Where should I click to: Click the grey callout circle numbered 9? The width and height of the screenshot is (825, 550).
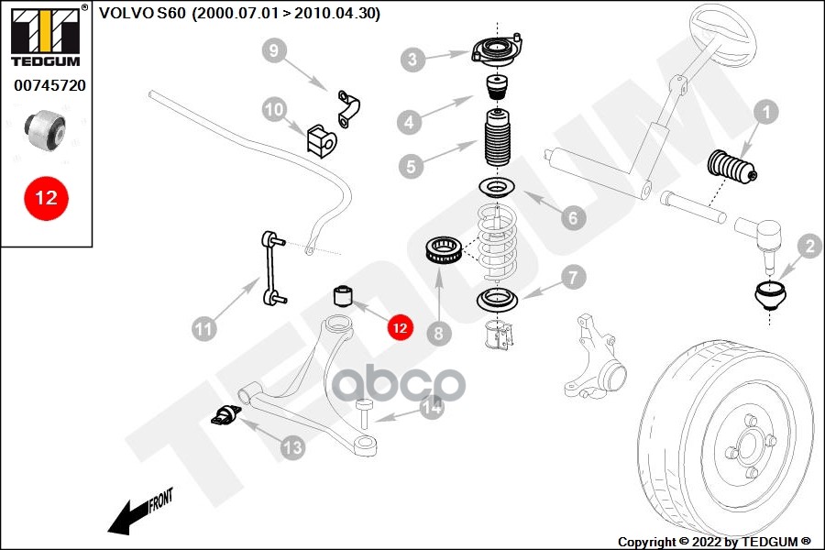(275, 51)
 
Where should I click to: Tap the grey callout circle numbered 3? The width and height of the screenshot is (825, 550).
(413, 60)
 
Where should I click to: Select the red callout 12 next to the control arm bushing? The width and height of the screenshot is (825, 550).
(399, 326)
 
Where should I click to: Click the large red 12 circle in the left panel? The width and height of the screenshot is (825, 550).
(46, 197)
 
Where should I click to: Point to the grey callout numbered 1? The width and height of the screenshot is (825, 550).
(765, 113)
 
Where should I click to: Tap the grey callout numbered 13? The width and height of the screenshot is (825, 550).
(291, 447)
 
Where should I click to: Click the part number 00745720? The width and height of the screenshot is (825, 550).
(49, 85)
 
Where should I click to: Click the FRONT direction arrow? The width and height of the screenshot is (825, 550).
(137, 512)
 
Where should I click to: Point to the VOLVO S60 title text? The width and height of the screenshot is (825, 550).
(239, 13)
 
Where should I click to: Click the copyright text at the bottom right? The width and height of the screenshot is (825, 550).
(714, 541)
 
